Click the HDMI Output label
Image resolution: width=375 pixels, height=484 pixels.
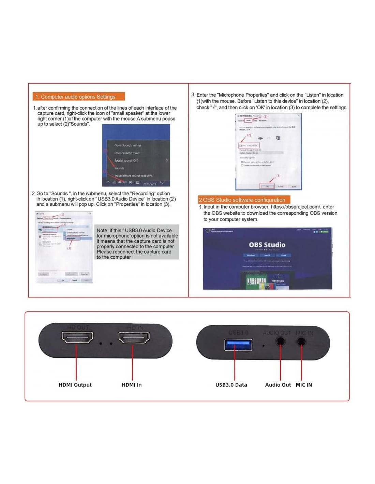coord(75,385)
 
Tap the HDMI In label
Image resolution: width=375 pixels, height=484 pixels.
coord(132,385)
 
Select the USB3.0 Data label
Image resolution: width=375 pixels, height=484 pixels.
coord(231,385)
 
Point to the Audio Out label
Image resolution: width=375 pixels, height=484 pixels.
coord(278,385)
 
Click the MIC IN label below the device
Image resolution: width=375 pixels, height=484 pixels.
coord(304,385)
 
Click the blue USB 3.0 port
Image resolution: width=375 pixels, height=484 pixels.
coord(238,345)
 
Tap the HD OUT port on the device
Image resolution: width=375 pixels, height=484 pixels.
coord(77,338)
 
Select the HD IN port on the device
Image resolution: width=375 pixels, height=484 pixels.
coord(134,338)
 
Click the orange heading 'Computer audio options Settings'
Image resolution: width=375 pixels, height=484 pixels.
coord(79,97)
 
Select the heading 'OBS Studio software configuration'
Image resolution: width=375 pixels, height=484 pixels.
coord(244,200)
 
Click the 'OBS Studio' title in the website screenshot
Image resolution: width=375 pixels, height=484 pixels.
coord(267,245)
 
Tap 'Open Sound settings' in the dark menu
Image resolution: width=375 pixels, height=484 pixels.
coord(128,145)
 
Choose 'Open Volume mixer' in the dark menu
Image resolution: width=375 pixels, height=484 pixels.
coord(127,153)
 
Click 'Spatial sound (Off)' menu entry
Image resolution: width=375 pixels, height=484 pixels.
coord(126,160)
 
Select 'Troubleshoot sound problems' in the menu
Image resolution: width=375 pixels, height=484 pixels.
coord(133,176)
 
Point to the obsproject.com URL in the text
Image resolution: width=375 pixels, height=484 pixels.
coord(296,207)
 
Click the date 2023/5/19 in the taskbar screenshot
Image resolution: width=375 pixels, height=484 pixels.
coord(150,184)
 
